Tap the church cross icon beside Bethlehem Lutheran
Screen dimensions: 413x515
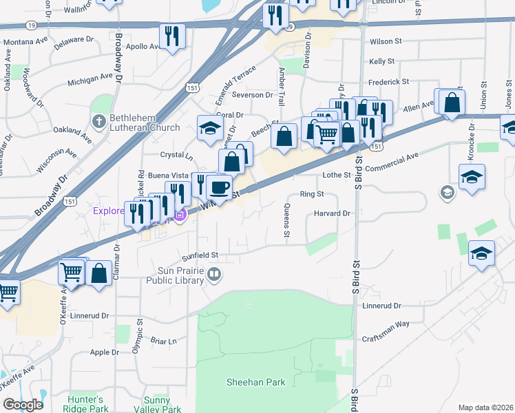tap(98, 122)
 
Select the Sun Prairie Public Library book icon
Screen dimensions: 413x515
tap(215, 276)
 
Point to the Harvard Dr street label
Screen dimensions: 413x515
tap(334, 213)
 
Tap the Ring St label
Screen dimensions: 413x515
tap(312, 194)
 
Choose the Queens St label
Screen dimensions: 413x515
tap(286, 220)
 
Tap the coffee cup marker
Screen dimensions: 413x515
tap(219, 187)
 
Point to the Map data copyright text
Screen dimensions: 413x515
tap(485, 407)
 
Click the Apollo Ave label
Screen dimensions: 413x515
tap(143, 47)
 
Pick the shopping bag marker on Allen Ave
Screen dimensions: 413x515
tap(451, 103)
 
